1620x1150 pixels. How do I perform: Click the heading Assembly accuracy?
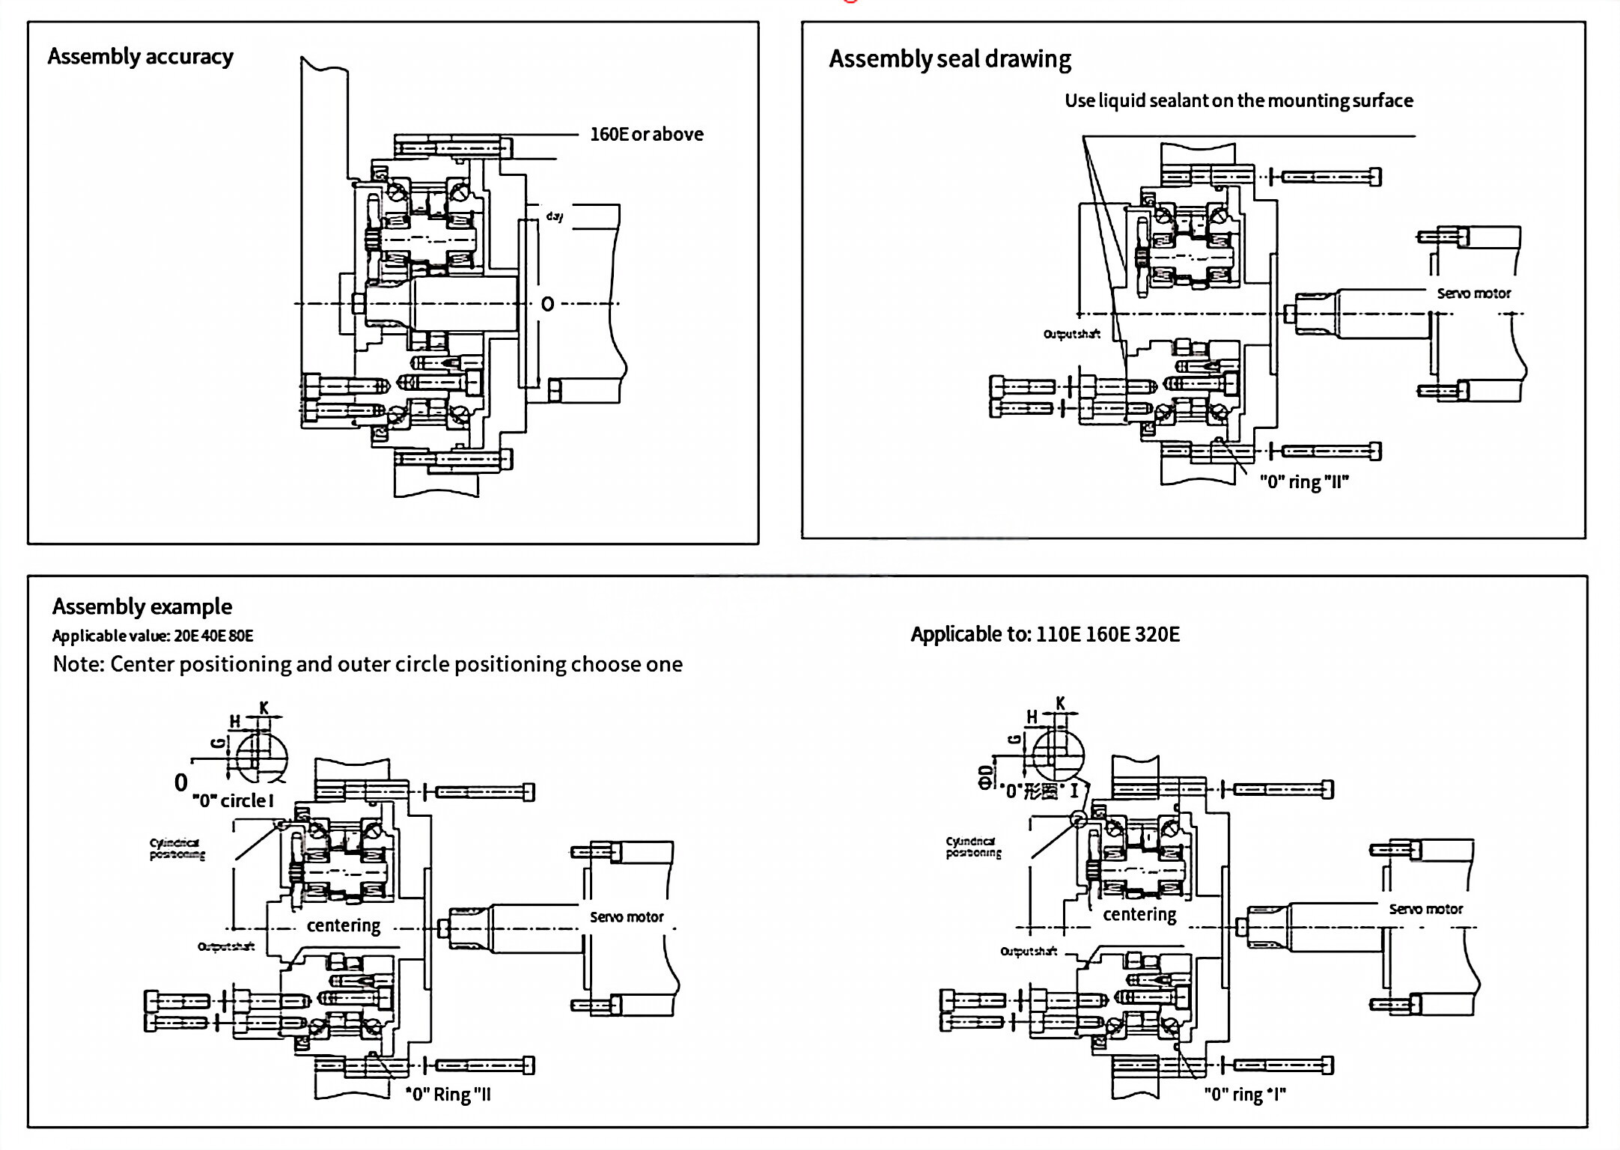coord(140,57)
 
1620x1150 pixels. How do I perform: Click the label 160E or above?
coord(646,135)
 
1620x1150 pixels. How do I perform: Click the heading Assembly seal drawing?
coord(949,59)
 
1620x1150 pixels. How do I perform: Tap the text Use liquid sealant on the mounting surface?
coord(1238,101)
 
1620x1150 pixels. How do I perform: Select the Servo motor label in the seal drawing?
coord(1473,293)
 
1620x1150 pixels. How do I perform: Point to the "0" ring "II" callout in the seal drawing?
coord(1303,482)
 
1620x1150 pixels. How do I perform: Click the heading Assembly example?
coord(141,606)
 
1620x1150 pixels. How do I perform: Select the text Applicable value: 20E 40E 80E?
coord(153,636)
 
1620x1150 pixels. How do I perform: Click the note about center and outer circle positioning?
coord(368,665)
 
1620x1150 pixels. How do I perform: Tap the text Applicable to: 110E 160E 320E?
coord(1044,635)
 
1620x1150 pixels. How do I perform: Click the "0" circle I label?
coord(233,801)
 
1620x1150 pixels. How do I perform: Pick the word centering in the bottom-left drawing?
coord(344,926)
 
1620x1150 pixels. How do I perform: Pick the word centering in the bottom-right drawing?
coord(1139,915)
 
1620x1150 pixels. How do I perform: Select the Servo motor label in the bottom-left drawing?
coord(627,917)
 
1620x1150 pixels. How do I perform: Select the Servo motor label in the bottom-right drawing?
coord(1425,909)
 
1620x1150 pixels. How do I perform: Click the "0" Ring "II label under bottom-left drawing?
coord(448,1095)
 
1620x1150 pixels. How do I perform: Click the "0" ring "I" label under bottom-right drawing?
coord(1244,1095)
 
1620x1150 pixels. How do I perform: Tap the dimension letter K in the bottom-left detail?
coord(264,708)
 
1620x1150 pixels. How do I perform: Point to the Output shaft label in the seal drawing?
coord(1071,334)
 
